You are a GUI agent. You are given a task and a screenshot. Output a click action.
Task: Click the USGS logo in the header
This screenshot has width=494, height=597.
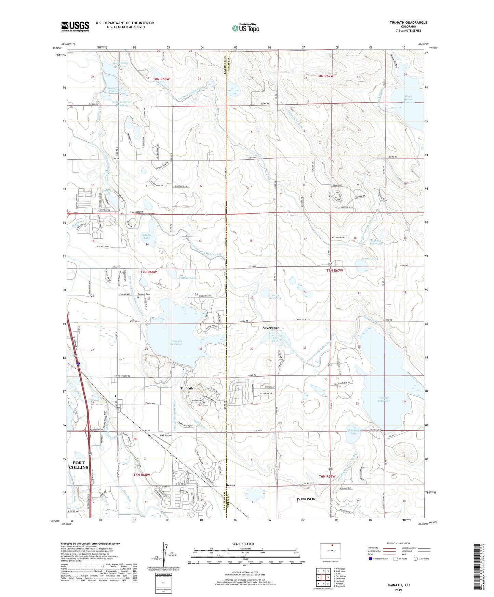click(75, 26)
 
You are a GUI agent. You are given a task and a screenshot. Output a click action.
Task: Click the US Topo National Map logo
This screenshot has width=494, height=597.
click(245, 28)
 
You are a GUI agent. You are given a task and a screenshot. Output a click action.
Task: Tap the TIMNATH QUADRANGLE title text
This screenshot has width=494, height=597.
click(408, 23)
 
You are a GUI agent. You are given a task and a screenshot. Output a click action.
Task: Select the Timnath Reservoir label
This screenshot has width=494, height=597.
click(176, 342)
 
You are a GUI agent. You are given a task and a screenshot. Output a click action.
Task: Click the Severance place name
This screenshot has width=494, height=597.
click(271, 328)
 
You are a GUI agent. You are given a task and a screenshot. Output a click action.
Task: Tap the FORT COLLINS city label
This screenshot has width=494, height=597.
click(79, 465)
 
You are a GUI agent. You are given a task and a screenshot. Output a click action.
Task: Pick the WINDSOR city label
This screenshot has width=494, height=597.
click(306, 499)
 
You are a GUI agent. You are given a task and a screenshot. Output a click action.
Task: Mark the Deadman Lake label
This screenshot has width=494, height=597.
click(187, 278)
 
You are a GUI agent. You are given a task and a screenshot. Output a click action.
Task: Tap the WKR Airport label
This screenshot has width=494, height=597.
click(166, 436)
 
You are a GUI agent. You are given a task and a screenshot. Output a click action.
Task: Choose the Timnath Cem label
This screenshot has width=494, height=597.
click(144, 294)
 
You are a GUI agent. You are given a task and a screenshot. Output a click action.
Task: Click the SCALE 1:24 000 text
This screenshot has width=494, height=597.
click(243, 544)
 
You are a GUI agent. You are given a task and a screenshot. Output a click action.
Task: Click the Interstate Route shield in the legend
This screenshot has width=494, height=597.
click(371, 559)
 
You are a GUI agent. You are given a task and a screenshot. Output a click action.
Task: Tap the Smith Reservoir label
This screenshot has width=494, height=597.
click(275, 296)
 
